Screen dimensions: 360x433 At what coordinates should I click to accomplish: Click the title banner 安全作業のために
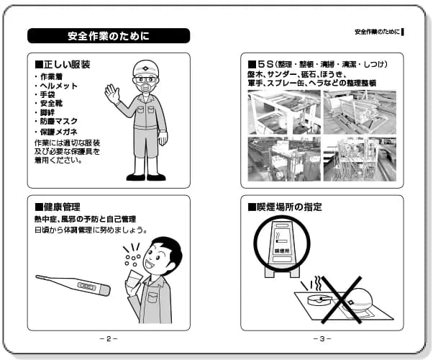click(108, 36)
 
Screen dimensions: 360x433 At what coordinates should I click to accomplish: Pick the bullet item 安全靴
click(53, 103)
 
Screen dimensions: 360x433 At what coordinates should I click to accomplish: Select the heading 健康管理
click(63, 207)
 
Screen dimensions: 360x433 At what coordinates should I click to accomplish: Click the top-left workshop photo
click(283, 112)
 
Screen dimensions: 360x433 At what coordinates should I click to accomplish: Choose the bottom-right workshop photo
click(359, 158)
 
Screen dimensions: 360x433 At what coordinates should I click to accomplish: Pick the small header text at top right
click(378, 32)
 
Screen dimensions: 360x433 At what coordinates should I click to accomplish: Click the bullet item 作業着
click(53, 76)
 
